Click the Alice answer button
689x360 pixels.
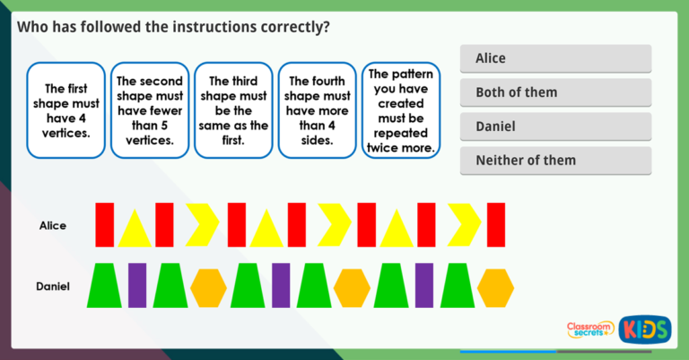(555, 58)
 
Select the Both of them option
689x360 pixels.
(555, 92)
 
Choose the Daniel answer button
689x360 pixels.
(555, 127)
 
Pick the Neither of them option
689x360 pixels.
(555, 161)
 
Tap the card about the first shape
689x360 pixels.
(65, 110)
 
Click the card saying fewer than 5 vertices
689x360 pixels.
(150, 110)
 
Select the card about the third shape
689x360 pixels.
(233, 110)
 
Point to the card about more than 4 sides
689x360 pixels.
(318, 110)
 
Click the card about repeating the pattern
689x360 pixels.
(401, 110)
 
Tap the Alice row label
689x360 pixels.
(53, 225)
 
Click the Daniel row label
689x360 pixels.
(53, 286)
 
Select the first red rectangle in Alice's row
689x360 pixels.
(105, 224)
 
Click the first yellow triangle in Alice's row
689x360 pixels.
(135, 229)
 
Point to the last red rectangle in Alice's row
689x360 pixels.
(496, 224)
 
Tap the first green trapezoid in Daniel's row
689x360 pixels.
(105, 285)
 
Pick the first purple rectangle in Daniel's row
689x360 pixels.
(136, 285)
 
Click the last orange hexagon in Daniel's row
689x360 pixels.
(495, 287)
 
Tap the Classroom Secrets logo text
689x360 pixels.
(589, 329)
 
